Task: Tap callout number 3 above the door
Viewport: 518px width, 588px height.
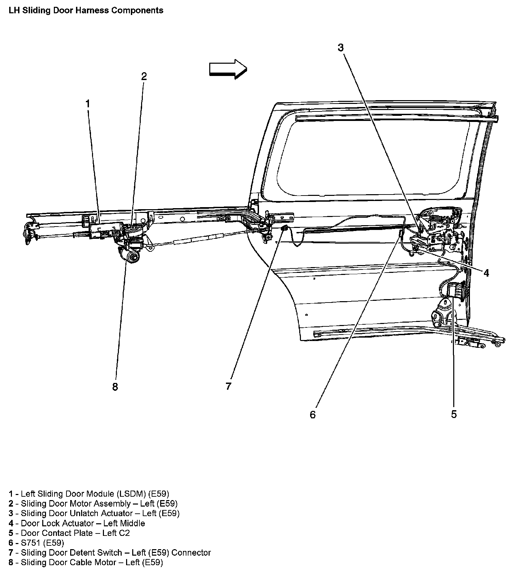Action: click(x=341, y=48)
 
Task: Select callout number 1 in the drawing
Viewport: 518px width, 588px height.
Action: click(x=88, y=104)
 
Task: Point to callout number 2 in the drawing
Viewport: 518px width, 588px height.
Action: click(x=144, y=76)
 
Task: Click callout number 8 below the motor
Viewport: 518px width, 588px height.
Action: click(x=115, y=387)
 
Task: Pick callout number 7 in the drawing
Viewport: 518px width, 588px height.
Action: click(x=228, y=386)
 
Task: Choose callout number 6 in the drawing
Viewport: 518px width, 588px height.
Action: click(x=313, y=414)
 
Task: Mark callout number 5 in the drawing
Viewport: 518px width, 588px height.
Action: click(x=454, y=414)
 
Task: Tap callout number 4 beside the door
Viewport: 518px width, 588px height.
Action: click(x=486, y=273)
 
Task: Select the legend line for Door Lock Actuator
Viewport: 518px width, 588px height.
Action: click(x=77, y=523)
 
